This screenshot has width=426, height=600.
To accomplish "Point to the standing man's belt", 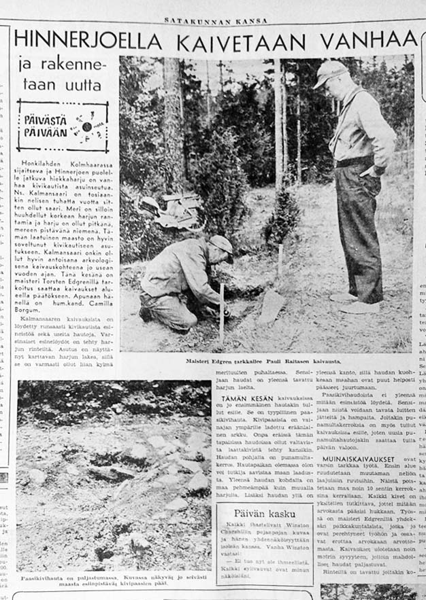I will click(355, 162).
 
